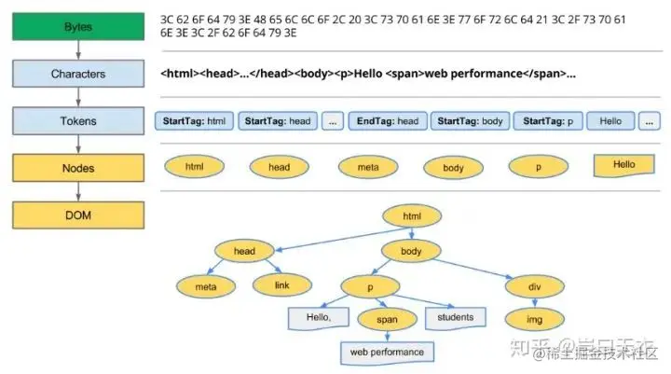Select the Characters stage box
pos(78,73)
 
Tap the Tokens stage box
pos(78,120)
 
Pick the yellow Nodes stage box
pos(78,168)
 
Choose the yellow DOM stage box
pos(78,215)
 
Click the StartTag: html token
pos(194,121)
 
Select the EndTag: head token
pos(388,121)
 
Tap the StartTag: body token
pos(469,121)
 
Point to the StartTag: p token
pos(547,121)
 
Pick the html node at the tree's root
pos(411,216)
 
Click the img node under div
pos(534,319)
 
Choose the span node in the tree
pos(387,319)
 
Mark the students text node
pos(455,317)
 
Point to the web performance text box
pos(387,353)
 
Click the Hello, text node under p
pos(318,317)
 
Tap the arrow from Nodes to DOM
pos(78,191)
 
